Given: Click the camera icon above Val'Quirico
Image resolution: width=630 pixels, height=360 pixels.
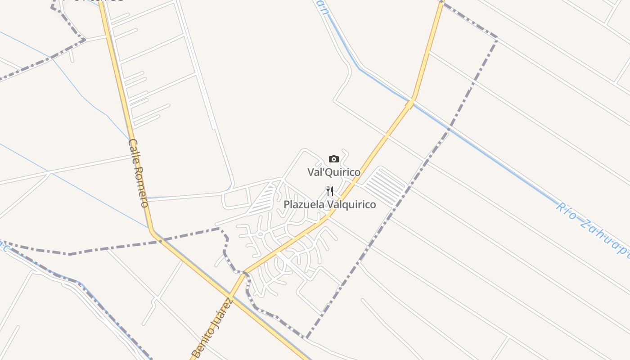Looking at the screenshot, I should (333, 159).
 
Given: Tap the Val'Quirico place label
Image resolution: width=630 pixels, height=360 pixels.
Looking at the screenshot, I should (334, 172).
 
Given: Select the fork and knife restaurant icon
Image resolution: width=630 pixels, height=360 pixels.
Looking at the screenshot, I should (330, 192).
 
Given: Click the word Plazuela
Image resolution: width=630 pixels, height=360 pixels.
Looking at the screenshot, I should (304, 204).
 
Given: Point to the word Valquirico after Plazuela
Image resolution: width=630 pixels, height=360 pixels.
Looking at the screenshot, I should (351, 204).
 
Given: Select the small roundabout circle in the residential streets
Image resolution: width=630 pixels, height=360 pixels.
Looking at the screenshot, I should (260, 234).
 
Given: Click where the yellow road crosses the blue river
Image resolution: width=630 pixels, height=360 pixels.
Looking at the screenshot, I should (410, 104).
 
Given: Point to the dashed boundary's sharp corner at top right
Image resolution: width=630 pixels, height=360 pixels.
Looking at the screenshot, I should (497, 38).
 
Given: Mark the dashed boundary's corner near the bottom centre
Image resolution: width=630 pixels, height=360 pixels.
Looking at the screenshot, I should (307, 337).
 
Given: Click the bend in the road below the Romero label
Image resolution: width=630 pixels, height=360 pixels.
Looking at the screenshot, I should (152, 232).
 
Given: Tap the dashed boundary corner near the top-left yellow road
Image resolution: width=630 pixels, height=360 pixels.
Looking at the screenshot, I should (84, 40).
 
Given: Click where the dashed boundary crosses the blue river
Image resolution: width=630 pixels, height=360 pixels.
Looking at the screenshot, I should (448, 130).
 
